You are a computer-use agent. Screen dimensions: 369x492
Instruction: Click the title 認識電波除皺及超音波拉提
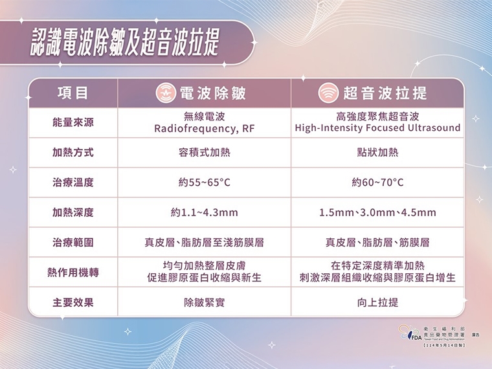point(125,43)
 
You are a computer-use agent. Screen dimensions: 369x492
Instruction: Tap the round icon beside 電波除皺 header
point(166,93)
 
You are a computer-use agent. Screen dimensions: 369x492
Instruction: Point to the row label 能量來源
point(73,122)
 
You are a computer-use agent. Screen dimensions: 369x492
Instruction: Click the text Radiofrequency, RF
point(204,128)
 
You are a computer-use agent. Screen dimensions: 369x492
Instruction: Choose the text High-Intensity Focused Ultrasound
point(377,128)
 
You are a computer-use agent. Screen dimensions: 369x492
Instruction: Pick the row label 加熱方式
point(73,153)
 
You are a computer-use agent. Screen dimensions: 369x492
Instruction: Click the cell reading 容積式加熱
point(204,153)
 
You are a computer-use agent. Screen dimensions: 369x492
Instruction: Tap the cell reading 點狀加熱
point(377,153)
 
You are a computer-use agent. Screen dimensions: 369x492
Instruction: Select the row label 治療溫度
point(73,183)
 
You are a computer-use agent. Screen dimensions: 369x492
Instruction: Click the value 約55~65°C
point(204,183)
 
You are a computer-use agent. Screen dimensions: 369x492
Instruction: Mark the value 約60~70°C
point(377,183)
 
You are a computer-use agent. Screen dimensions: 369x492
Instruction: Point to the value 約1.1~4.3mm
point(204,212)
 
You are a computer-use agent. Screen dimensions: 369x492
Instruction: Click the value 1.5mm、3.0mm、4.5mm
point(377,212)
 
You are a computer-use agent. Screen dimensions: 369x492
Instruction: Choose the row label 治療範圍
point(73,243)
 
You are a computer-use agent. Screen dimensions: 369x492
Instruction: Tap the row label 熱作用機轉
point(73,272)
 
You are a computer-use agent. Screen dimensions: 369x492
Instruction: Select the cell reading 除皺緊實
point(204,302)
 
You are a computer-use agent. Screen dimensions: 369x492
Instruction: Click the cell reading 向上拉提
point(377,302)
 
